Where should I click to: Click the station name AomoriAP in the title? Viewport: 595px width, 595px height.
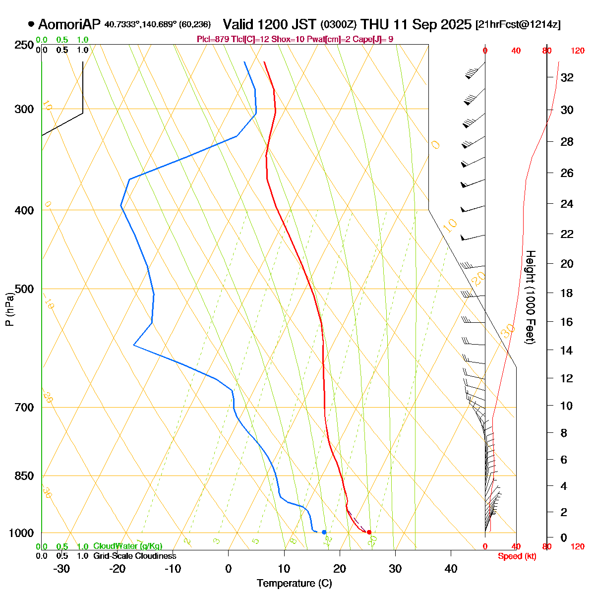[69, 24]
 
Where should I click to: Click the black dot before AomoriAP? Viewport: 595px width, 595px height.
[31, 24]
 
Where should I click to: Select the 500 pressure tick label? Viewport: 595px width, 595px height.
[24, 289]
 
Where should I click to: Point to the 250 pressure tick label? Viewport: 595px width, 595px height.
[24, 46]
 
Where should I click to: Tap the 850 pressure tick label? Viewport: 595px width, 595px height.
[24, 476]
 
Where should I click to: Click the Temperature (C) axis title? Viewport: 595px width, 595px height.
[295, 583]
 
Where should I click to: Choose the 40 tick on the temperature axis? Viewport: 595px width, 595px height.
[451, 568]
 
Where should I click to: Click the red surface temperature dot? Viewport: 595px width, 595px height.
[369, 532]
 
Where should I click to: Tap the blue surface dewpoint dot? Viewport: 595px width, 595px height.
[324, 532]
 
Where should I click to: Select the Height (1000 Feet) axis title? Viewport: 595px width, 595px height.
[530, 297]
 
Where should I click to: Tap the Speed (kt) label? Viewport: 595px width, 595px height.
[517, 556]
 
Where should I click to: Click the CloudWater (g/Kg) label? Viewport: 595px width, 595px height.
[127, 546]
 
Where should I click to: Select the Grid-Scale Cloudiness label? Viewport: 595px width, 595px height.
[134, 556]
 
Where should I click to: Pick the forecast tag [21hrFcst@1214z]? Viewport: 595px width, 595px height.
[518, 25]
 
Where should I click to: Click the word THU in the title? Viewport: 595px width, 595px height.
[375, 24]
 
